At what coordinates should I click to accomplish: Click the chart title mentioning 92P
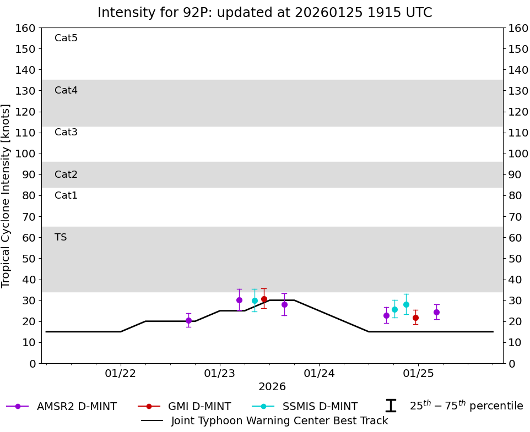click(264, 13)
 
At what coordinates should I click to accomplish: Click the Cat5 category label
click(66, 39)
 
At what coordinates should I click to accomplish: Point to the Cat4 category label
click(66, 91)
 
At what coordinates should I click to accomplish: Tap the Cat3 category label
click(66, 133)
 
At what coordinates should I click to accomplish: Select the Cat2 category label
click(66, 175)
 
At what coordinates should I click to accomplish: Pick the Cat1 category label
click(66, 196)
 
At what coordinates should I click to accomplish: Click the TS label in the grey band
click(61, 238)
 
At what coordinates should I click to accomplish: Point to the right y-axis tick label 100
click(518, 154)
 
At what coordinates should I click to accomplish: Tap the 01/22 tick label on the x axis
click(121, 374)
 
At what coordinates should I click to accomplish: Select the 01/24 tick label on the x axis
click(319, 374)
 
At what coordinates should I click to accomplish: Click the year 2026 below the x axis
click(272, 387)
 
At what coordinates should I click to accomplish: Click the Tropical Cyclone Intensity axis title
click(7, 195)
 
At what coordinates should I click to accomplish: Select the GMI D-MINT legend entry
click(199, 407)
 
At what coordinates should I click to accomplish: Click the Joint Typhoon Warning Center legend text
click(279, 421)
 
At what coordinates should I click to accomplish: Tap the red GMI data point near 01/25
click(415, 318)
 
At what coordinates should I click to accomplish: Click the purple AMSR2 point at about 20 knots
click(188, 320)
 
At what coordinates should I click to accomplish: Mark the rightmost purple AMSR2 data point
click(436, 312)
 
